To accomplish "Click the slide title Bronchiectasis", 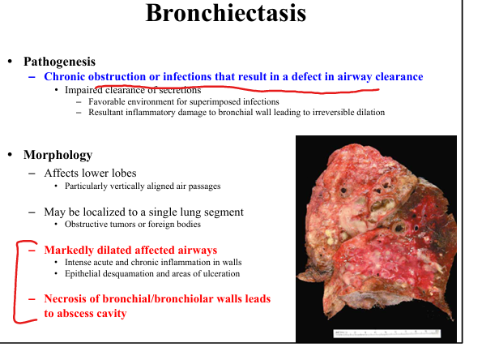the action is coord(226,13).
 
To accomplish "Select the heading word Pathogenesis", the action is coord(59,62).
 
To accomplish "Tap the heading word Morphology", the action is coord(58,155).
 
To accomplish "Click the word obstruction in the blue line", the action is coord(117,76).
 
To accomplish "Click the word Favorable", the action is coord(102,101).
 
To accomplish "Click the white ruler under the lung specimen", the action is coord(387,333).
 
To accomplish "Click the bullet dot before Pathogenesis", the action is coord(11,62).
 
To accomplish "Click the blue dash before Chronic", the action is coord(32,77).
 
